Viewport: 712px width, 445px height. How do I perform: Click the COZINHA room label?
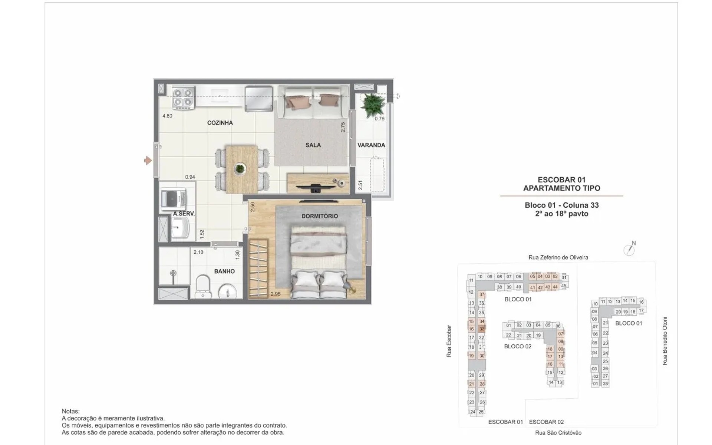tap(220, 123)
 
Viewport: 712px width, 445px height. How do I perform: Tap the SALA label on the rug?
tap(313, 145)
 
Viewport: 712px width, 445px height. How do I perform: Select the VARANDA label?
tap(371, 145)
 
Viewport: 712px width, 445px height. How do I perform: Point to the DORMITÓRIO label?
tap(320, 216)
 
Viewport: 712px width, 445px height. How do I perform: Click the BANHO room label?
tap(224, 271)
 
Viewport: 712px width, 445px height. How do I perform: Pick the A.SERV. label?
tap(184, 214)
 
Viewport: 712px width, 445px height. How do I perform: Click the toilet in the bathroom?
tap(202, 286)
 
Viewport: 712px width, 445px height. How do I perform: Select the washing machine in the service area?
tap(174, 199)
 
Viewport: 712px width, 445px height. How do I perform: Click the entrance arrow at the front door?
tap(148, 161)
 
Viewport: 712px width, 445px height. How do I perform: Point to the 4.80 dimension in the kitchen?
tap(167, 116)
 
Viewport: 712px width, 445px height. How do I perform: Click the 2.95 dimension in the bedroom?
tap(276, 294)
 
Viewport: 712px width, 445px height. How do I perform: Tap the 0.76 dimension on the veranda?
tap(379, 119)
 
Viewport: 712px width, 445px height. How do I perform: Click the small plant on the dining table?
tap(240, 169)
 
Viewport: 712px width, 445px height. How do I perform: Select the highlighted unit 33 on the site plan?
tap(482, 329)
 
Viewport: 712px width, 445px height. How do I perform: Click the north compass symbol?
tap(629, 249)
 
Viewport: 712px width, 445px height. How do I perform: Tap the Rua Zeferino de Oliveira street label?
tap(558, 257)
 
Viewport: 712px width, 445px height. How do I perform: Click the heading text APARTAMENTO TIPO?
tap(561, 188)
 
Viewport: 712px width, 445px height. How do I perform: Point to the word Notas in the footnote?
tap(70, 411)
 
